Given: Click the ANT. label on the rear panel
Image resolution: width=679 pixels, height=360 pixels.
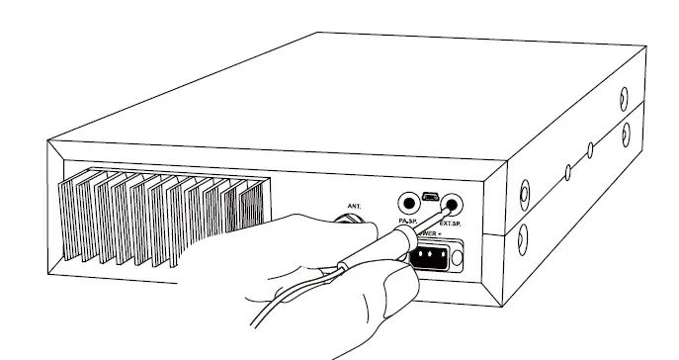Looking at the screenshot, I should click(352, 208).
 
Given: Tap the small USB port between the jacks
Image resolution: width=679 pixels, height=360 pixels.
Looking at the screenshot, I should click(430, 198).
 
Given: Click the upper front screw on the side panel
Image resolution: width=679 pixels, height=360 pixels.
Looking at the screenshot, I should click(524, 191).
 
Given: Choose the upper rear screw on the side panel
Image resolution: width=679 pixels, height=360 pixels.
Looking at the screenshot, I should click(625, 96).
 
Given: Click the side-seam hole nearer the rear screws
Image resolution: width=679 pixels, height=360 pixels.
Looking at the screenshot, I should click(590, 149).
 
